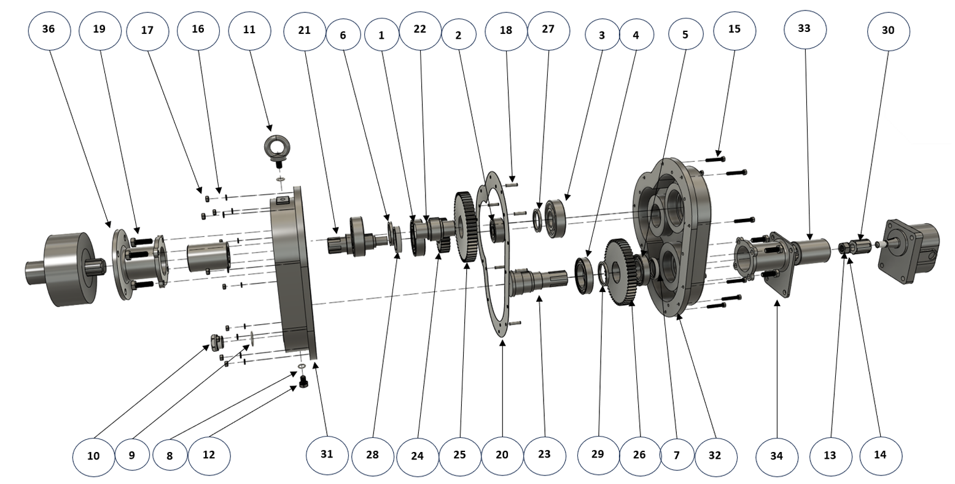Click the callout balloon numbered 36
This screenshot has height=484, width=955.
pyautogui.click(x=49, y=30)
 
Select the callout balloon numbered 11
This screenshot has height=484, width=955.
pyautogui.click(x=249, y=30)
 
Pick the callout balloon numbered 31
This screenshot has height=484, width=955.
pyautogui.click(x=327, y=454)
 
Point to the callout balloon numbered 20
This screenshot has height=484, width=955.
pyautogui.click(x=502, y=456)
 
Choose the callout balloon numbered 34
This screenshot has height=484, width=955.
pyautogui.click(x=777, y=456)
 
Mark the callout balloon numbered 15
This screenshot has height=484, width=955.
pyautogui.click(x=735, y=30)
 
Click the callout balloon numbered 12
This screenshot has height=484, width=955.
pyautogui.click(x=209, y=455)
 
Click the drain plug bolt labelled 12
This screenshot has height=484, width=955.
pyautogui.click(x=303, y=383)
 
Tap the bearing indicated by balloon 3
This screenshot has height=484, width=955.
pyautogui.click(x=555, y=218)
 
